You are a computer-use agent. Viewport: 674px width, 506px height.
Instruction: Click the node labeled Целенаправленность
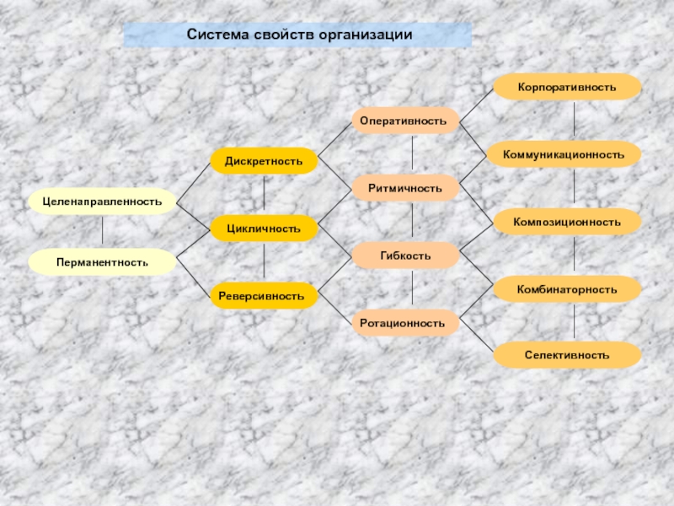[102, 202]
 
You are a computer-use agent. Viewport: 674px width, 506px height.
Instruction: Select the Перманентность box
[102, 262]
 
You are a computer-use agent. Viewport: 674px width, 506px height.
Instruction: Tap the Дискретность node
[264, 161]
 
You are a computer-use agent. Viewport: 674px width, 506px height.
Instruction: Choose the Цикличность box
[264, 229]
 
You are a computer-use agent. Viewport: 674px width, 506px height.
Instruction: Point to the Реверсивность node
[264, 296]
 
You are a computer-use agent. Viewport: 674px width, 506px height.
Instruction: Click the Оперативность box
[405, 121]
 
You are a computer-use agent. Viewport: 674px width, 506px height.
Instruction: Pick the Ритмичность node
[405, 187]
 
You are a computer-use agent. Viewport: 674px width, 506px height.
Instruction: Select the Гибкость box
[405, 255]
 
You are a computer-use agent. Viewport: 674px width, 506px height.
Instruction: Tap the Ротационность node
[405, 322]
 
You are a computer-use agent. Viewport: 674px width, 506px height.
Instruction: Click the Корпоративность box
[567, 87]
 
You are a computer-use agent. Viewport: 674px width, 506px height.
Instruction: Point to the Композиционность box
[567, 222]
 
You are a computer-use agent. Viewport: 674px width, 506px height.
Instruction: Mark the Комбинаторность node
[567, 289]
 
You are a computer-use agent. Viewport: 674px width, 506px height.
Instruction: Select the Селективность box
[567, 355]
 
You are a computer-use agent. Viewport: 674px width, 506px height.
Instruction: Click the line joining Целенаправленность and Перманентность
[102, 232]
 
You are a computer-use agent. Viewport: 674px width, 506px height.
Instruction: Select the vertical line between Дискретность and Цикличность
[265, 195]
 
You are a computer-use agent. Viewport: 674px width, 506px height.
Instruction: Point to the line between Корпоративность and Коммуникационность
[574, 121]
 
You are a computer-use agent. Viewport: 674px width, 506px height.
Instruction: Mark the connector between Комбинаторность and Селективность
[574, 322]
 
